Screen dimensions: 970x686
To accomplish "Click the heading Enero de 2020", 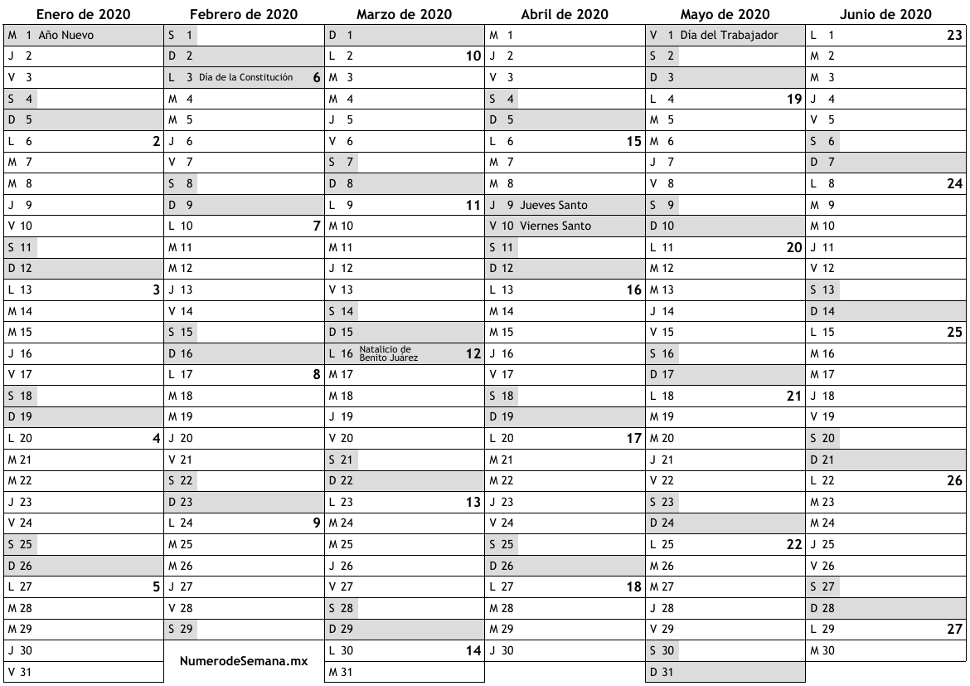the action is pos(82,14).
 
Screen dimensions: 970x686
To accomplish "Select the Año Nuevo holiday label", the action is pos(65,35).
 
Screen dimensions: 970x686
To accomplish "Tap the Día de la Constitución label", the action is pos(246,77).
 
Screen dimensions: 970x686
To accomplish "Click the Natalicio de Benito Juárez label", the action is pos(388,353).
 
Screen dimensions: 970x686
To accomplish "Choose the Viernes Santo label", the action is pos(555,226).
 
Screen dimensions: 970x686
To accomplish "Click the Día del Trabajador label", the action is pos(729,35).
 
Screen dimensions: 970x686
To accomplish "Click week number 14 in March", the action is pos(473,651).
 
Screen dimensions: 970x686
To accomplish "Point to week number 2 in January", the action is pos(155,141).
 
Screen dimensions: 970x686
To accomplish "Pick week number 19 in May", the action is pos(793,99).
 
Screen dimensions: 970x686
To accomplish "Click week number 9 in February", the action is pos(316,523).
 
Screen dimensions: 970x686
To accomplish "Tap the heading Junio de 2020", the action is pos(885,14).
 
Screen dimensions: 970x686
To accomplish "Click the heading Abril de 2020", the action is pos(565,14).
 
